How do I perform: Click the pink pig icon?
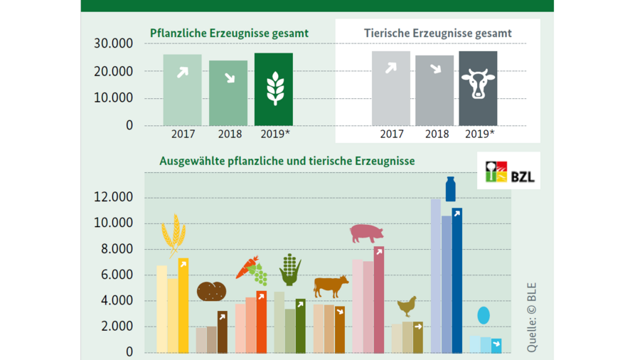[x=366, y=233]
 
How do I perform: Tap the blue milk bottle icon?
[x=450, y=189]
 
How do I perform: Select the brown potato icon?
[x=211, y=292]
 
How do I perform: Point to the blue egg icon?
[x=484, y=315]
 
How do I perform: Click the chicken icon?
[x=407, y=306]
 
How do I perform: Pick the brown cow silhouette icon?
[x=331, y=286]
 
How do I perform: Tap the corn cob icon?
[x=290, y=270]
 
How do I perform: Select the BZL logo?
[x=508, y=171]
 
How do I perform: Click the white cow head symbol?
[x=478, y=84]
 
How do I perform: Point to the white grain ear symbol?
[x=275, y=88]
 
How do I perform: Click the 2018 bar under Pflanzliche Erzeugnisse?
[x=228, y=93]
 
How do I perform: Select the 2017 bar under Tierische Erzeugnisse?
[x=390, y=88]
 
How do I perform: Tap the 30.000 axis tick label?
[x=114, y=43]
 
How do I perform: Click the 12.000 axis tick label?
[x=114, y=197]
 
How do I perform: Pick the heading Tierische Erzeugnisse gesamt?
[x=437, y=33]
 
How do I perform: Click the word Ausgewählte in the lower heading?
[x=192, y=162]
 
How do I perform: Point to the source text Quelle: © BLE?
[x=531, y=317]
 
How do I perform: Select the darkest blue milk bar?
[x=457, y=280]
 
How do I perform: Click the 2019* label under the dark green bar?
[x=275, y=134]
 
